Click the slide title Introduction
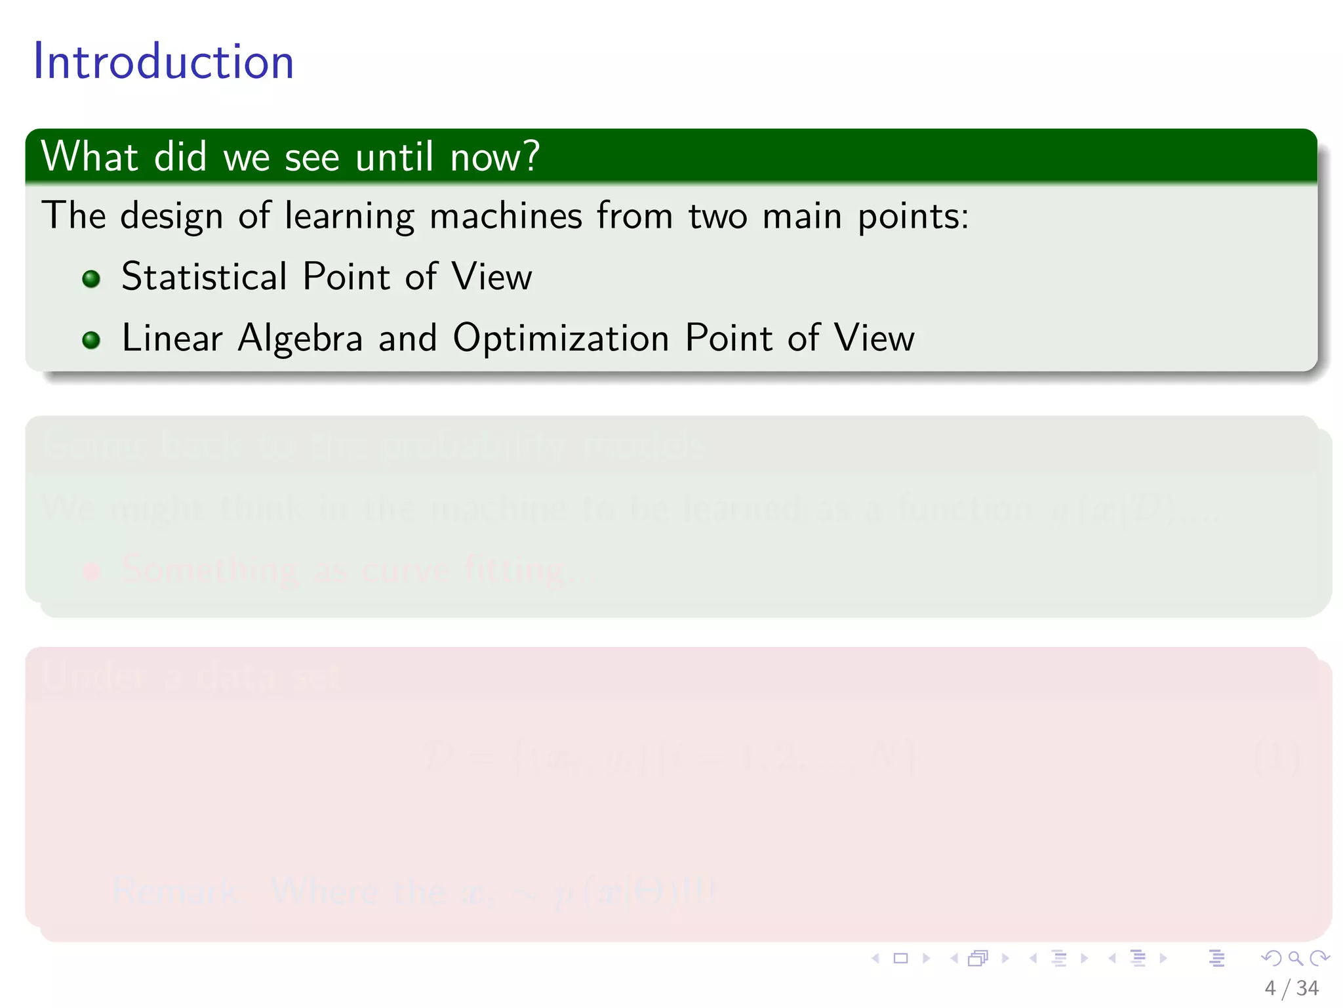pos(163,62)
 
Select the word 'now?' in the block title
pos(495,157)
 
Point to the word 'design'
pos(172,217)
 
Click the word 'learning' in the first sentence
pos(350,217)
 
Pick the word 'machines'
pos(506,217)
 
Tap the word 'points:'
pos(913,217)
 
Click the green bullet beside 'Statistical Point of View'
pos(91,279)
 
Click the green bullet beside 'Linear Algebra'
pos(91,340)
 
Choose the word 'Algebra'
pos(300,338)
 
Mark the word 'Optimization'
pos(561,338)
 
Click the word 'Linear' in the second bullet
pos(172,338)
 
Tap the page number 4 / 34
pos(1291,988)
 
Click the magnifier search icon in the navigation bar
pos(1295,958)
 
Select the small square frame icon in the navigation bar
pos(901,958)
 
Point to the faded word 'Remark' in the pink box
pos(174,891)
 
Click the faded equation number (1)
pos(1276,758)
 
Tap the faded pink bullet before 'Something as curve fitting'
pos(91,571)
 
